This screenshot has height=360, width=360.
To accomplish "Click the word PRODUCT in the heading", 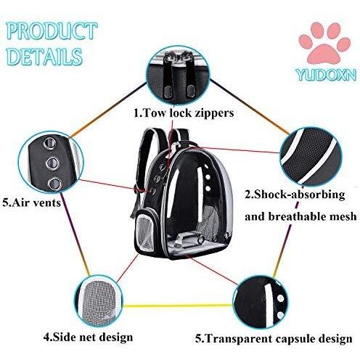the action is (x=52, y=31).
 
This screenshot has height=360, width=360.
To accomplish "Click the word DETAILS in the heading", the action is (x=45, y=57).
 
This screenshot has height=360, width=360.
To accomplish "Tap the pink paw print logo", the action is (x=324, y=44).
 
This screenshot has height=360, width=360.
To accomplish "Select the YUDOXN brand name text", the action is (x=327, y=75).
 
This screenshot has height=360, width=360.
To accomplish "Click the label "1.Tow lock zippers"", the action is (x=184, y=112).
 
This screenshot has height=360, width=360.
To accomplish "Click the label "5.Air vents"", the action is (x=32, y=202).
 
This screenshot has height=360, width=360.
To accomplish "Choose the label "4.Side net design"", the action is (x=89, y=337).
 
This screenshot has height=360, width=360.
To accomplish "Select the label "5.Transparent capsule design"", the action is (x=274, y=338).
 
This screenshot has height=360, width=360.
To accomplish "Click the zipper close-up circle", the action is (x=179, y=74).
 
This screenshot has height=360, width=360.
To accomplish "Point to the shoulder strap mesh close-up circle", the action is (x=311, y=155).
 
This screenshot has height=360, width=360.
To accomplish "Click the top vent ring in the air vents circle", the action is (x=49, y=143).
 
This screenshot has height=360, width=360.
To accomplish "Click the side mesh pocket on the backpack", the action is (x=144, y=230).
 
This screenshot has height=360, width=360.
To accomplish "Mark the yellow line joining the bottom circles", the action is (x=179, y=306).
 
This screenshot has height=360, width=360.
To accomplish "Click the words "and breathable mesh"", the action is (x=300, y=216).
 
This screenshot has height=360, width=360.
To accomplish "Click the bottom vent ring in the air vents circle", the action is (x=54, y=184).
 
